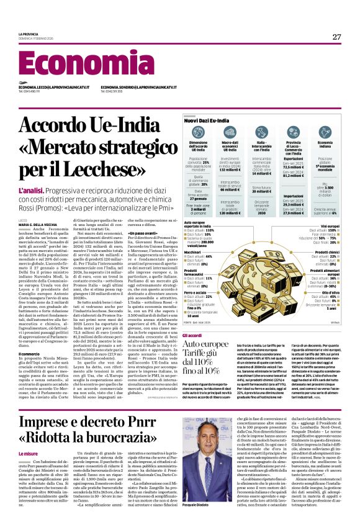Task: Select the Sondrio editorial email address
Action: pos(138,88)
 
